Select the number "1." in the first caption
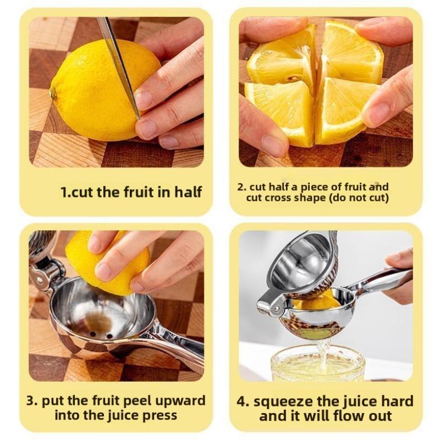click(x=67, y=192)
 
